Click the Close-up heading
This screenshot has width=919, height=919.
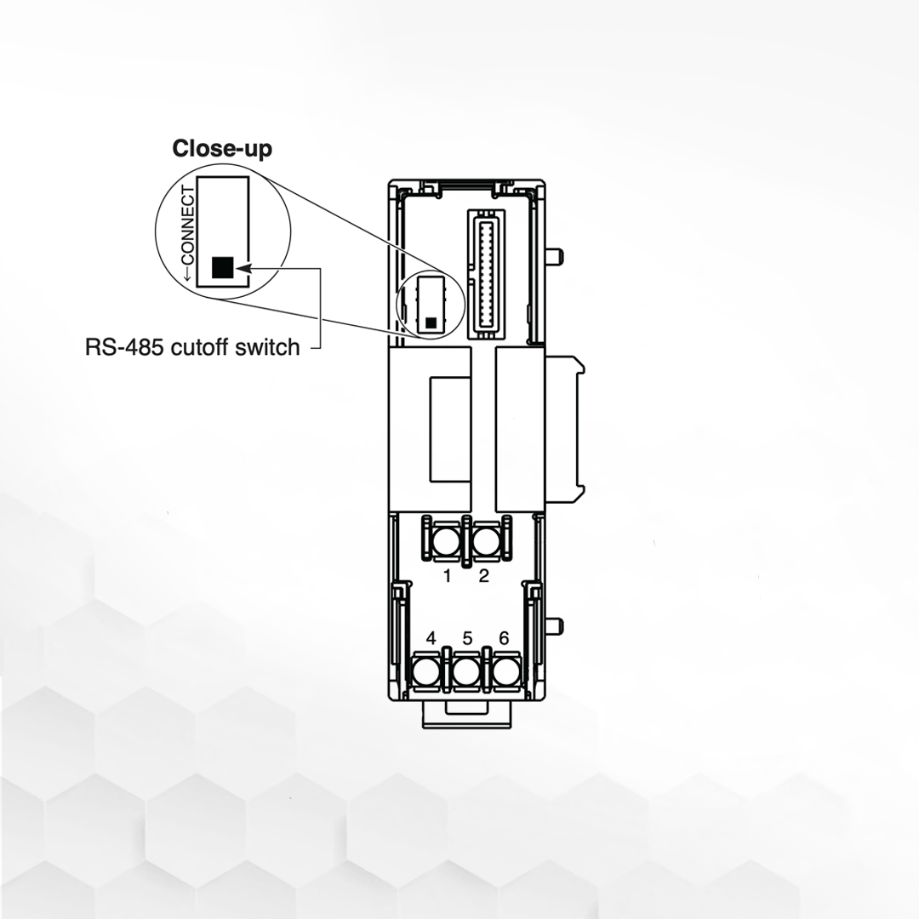[222, 149]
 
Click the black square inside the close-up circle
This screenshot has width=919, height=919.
[222, 267]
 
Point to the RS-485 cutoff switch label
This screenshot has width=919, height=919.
[192, 347]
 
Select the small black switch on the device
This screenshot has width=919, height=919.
[431, 323]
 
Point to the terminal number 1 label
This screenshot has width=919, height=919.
[448, 576]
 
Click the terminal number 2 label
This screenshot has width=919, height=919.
[484, 576]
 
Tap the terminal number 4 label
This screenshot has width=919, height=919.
[431, 638]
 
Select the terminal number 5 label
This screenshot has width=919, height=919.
[467, 638]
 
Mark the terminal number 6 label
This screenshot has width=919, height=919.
[504, 638]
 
